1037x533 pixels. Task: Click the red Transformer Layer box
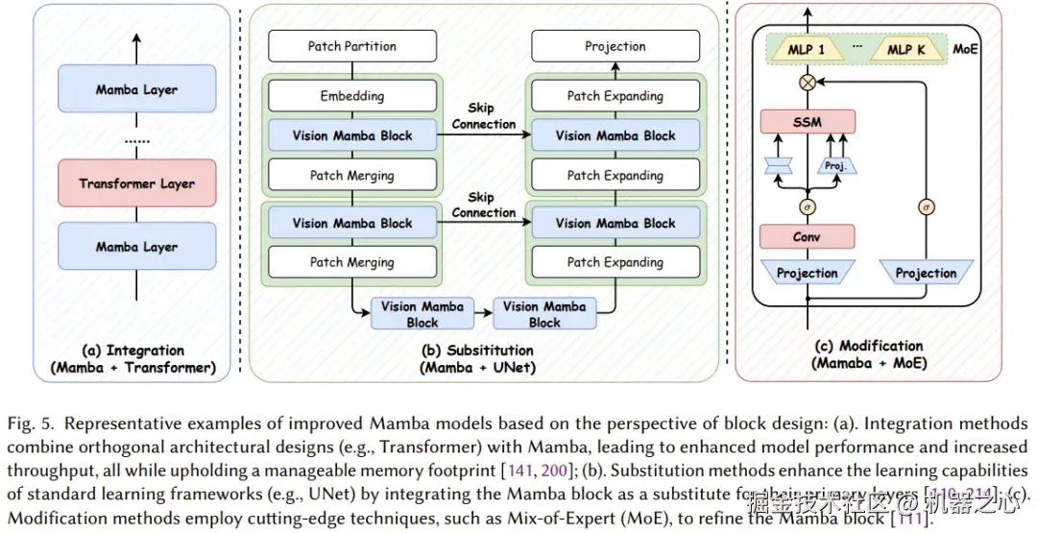(136, 183)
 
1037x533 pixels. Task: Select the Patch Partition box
(351, 46)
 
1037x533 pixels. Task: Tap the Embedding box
(351, 96)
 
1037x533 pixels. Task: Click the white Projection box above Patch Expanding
(615, 46)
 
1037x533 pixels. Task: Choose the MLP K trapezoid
(905, 49)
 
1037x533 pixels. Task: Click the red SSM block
(808, 122)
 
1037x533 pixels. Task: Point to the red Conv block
(808, 236)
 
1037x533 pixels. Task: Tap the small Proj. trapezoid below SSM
(834, 165)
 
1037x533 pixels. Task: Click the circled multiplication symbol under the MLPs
(808, 84)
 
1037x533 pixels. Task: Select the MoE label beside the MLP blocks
(965, 49)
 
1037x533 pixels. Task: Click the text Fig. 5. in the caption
(26, 424)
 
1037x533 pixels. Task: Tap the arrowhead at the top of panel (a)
(136, 39)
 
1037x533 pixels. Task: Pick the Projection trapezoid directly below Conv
(808, 273)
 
